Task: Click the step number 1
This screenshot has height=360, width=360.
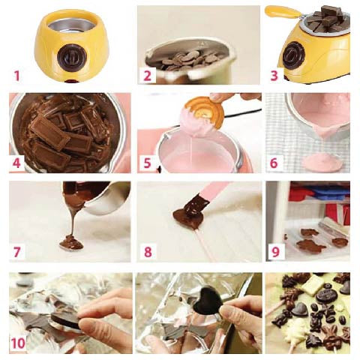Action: tap(16, 76)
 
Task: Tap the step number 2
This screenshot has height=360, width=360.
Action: tap(148, 76)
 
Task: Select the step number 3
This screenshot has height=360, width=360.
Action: tap(274, 76)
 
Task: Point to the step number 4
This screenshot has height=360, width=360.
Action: tap(16, 163)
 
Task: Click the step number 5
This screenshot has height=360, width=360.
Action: tap(148, 163)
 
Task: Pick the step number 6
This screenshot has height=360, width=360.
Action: tap(274, 163)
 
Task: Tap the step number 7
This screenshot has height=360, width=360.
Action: tap(16, 252)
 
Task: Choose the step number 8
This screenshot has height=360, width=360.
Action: tap(148, 252)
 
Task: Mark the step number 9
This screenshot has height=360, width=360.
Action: tap(275, 252)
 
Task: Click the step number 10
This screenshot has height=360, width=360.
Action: tap(18, 343)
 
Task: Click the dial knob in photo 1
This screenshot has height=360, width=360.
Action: tap(73, 57)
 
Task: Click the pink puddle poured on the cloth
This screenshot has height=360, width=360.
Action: tap(322, 162)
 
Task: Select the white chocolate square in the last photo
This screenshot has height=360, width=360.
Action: tap(313, 284)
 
